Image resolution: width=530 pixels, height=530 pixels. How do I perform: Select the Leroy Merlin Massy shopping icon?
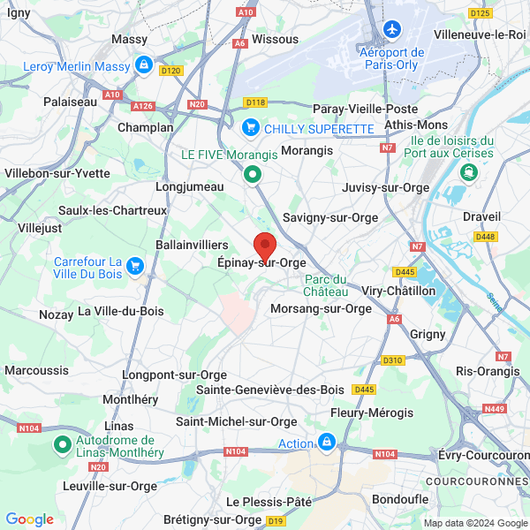point(143,64)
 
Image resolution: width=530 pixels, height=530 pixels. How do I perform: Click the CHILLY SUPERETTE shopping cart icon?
point(251,128)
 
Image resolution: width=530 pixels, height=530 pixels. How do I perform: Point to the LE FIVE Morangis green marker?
point(254,175)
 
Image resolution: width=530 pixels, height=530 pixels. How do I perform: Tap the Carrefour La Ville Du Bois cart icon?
point(134,265)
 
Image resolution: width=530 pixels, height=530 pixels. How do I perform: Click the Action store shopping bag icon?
point(327,441)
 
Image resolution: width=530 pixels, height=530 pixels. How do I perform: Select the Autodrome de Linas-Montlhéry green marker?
point(63,444)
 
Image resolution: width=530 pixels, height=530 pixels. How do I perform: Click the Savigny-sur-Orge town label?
point(330,217)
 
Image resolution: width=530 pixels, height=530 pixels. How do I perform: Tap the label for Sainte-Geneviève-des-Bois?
point(270,390)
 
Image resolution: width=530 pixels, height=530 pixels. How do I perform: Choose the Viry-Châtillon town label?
point(399,291)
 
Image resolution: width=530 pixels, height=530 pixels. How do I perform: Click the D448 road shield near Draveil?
point(485,236)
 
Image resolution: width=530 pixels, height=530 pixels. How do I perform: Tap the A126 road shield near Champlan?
point(142,106)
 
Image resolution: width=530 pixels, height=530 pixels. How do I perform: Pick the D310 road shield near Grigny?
point(393,360)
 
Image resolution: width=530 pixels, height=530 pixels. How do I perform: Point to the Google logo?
point(29,519)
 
